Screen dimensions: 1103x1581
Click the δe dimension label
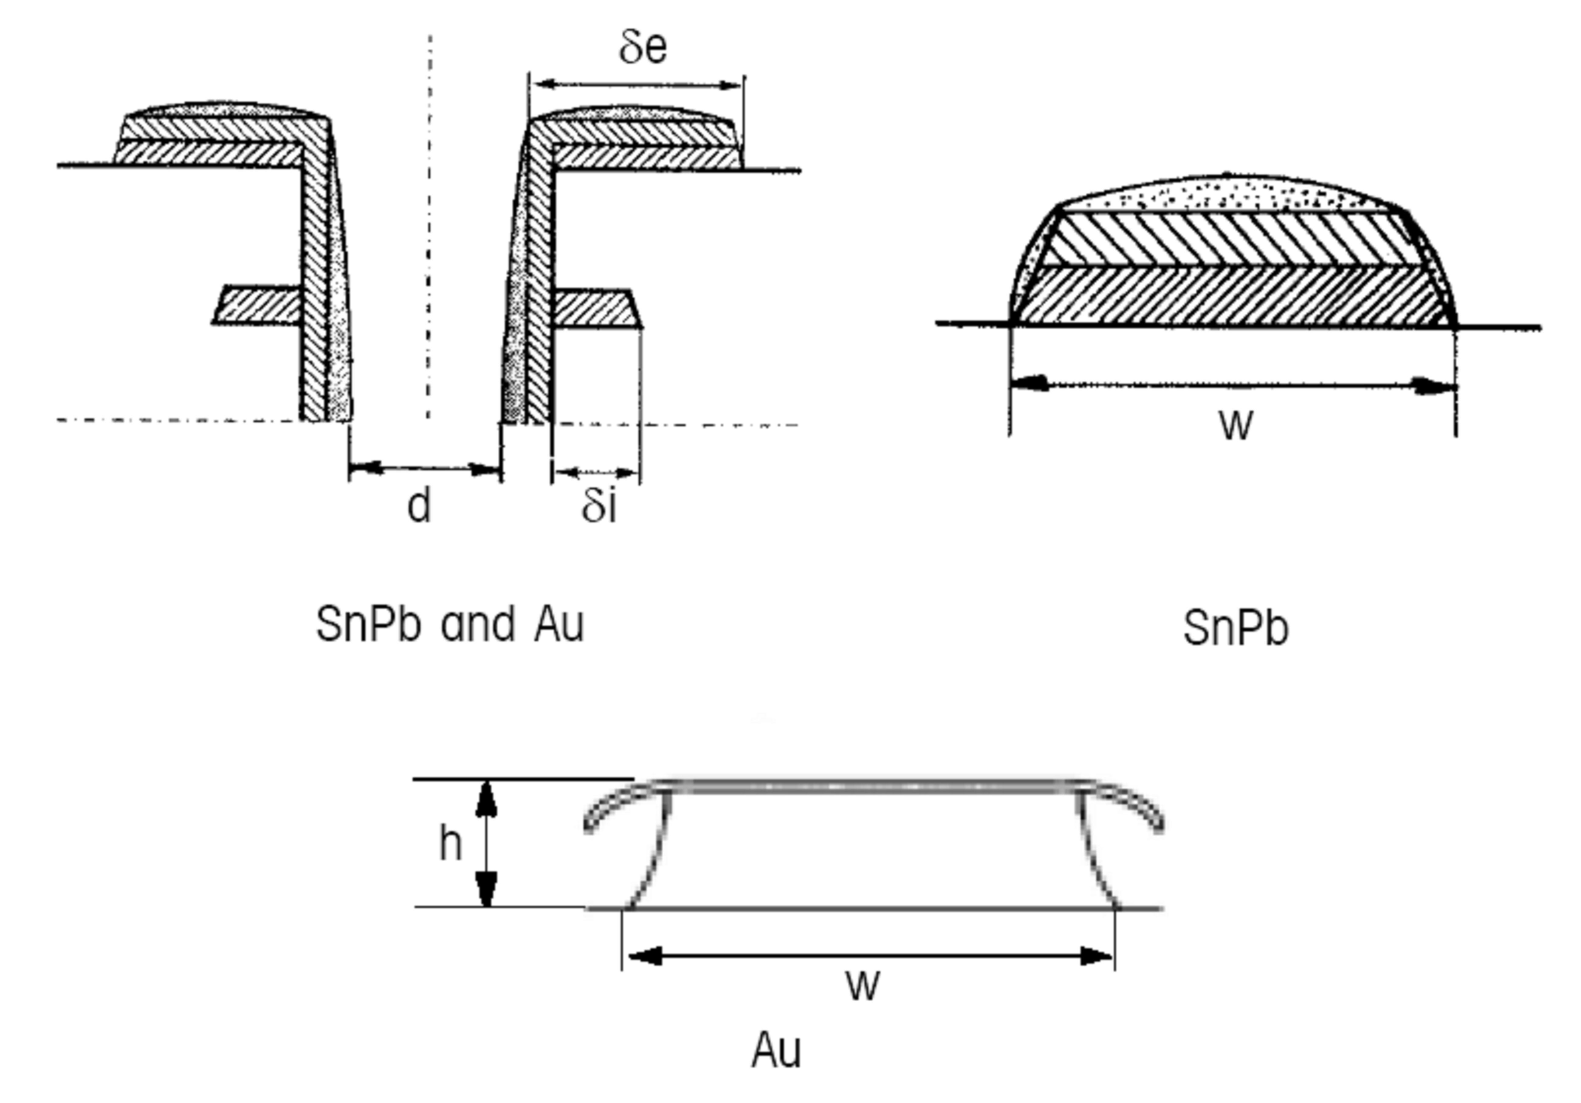pos(642,48)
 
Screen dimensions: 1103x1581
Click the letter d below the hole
pos(419,506)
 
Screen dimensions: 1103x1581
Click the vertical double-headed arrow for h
pos(487,844)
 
